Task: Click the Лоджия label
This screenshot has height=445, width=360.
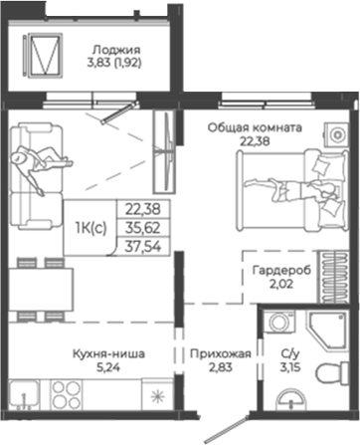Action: point(111,49)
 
